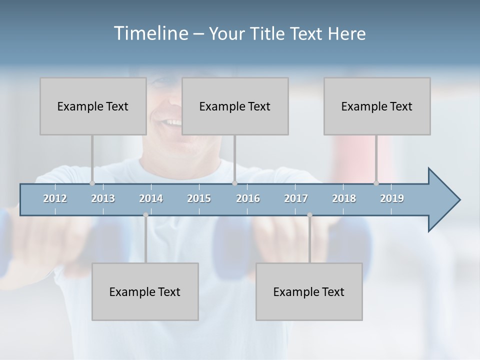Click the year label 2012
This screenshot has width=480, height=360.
coord(55,198)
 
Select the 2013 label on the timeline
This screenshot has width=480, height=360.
coord(103,198)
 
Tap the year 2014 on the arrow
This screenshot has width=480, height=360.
coord(151,198)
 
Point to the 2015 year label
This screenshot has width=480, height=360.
coord(199,198)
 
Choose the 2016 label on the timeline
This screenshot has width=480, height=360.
coord(248,198)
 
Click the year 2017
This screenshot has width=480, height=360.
coord(296,198)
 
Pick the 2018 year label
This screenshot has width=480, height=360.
coord(344,198)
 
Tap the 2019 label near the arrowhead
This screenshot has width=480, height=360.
coord(392,198)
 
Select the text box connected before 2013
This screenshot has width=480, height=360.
coord(93,106)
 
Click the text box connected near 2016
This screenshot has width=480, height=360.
coord(235,106)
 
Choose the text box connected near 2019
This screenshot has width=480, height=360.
coord(377,106)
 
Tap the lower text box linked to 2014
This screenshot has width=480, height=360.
coord(145,291)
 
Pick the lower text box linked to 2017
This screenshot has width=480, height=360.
coord(309,291)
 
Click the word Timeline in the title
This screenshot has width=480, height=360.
coord(149,33)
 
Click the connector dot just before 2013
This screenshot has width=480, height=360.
coord(92,183)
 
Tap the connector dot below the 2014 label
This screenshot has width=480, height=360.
coord(145,215)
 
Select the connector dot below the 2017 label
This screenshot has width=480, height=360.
coord(309,215)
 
